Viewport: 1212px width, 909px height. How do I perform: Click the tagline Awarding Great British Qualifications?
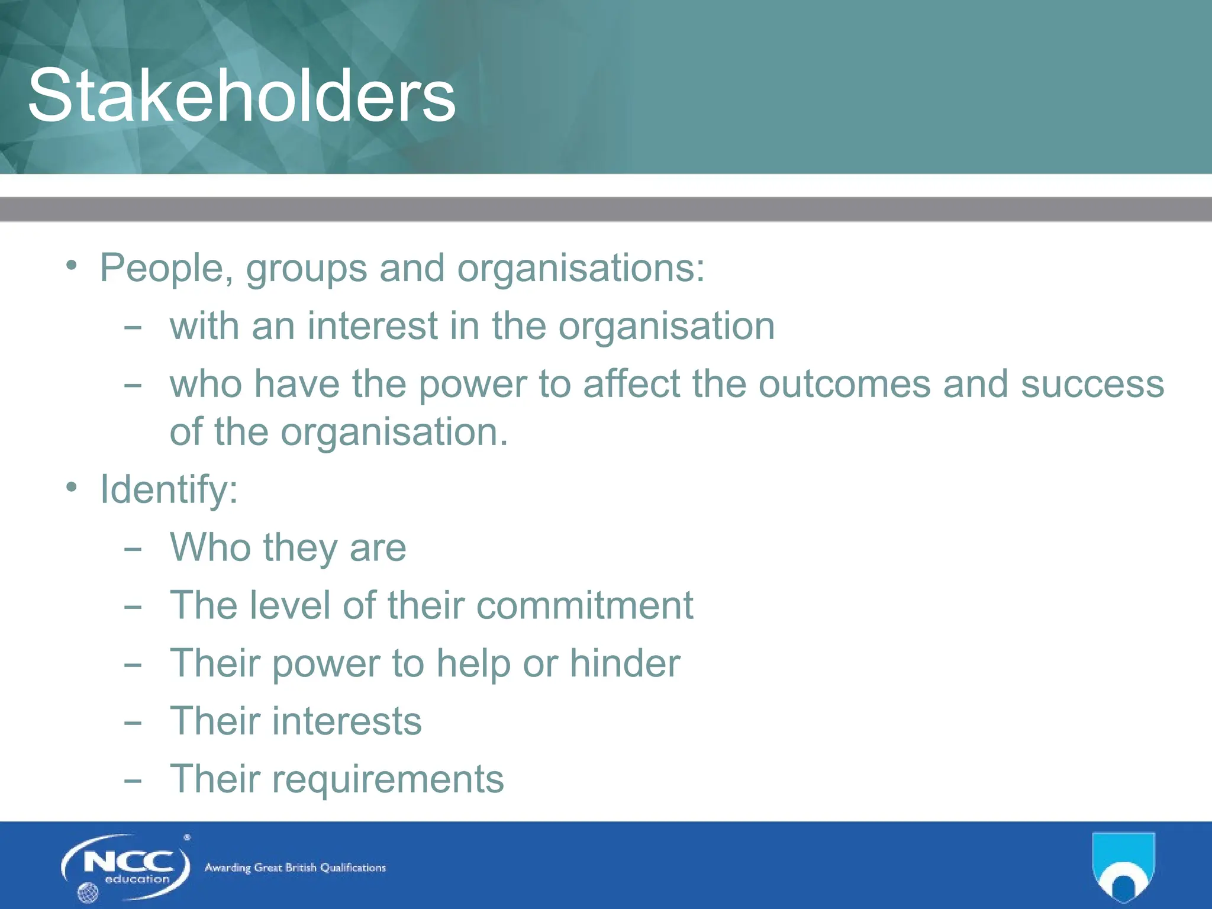[x=295, y=868]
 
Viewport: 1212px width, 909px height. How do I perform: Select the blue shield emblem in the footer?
[x=1123, y=867]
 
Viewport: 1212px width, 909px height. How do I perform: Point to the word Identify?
[x=169, y=489]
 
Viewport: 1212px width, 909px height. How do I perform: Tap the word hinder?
[x=625, y=663]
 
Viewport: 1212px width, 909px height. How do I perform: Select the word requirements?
[x=388, y=779]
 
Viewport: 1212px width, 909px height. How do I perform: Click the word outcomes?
[x=844, y=384]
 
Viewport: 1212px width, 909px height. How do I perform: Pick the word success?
[x=1092, y=384]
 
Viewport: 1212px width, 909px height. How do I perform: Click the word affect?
[x=631, y=384]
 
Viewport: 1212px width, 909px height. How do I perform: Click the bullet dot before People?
[x=72, y=265]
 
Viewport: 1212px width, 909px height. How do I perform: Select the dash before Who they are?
[x=133, y=549]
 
